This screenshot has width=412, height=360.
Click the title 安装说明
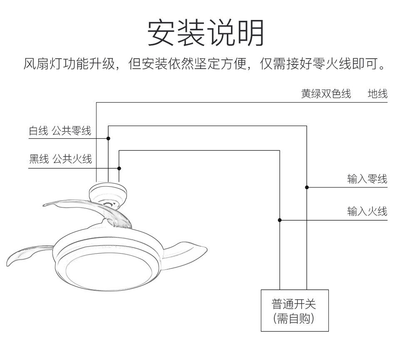tap(206, 33)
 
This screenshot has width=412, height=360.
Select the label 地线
tap(377, 94)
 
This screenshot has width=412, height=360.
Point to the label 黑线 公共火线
tap(60, 159)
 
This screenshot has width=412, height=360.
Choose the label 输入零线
tap(367, 179)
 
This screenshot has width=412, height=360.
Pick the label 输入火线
tap(367, 212)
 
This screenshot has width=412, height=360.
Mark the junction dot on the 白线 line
tap(109, 138)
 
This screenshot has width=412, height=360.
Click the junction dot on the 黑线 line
tap(119, 168)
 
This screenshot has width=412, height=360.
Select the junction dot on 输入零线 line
tap(307, 187)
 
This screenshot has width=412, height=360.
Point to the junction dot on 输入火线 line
tap(280, 220)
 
